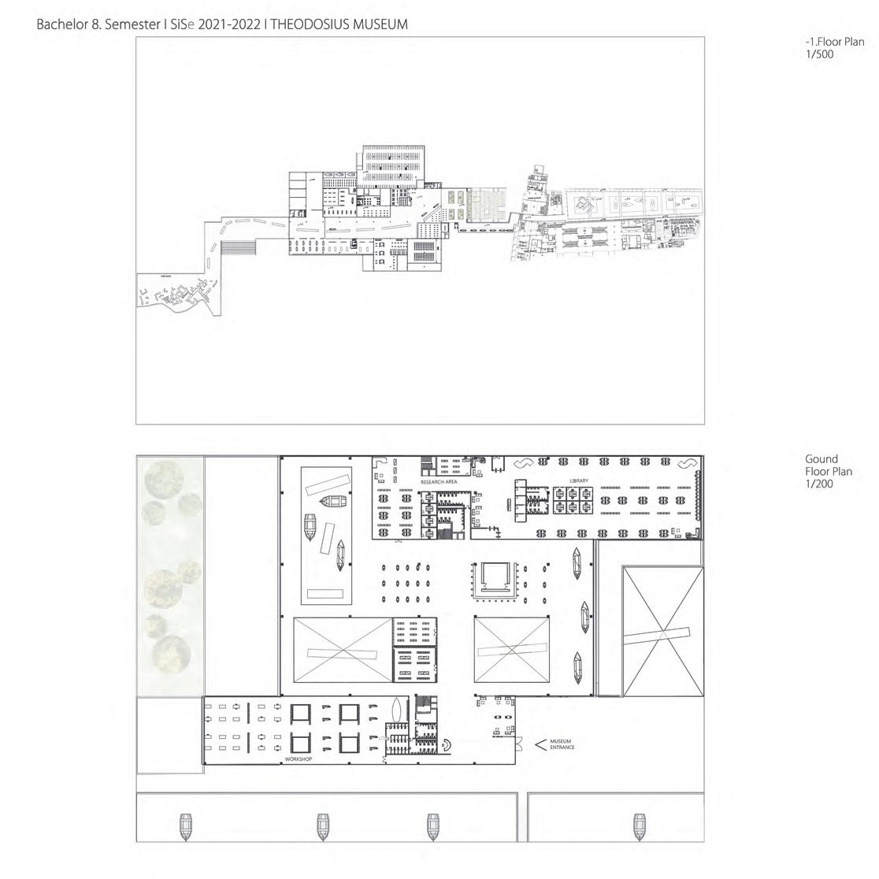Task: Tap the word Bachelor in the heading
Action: [x=64, y=24]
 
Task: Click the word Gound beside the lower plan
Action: [x=822, y=459]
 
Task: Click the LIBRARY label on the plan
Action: [x=579, y=480]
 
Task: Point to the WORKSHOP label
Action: [x=299, y=759]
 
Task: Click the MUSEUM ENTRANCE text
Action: [x=561, y=744]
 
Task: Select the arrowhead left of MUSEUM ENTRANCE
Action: [x=540, y=744]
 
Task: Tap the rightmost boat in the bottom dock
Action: [x=639, y=825]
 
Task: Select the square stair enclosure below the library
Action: [x=494, y=579]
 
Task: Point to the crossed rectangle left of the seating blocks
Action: [x=342, y=650]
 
